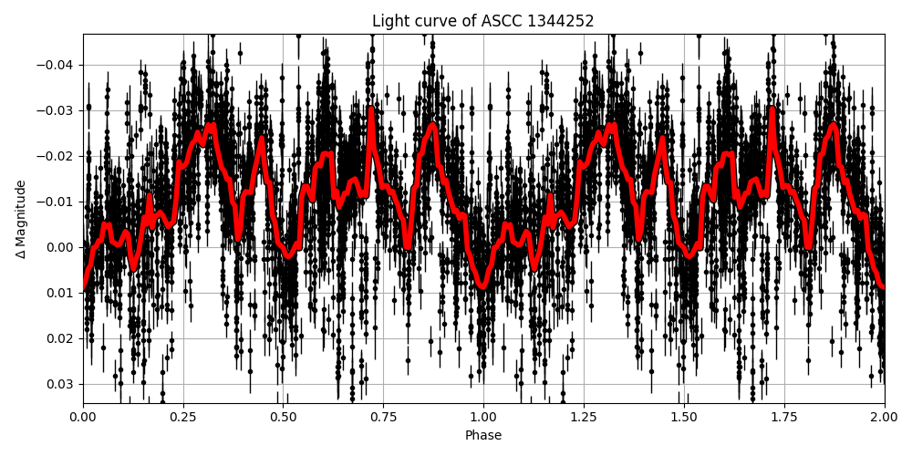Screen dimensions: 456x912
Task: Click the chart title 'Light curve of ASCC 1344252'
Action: click(x=483, y=21)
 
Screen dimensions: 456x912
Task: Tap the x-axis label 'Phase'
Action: click(x=483, y=436)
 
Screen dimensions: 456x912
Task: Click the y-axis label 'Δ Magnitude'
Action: click(x=21, y=219)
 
